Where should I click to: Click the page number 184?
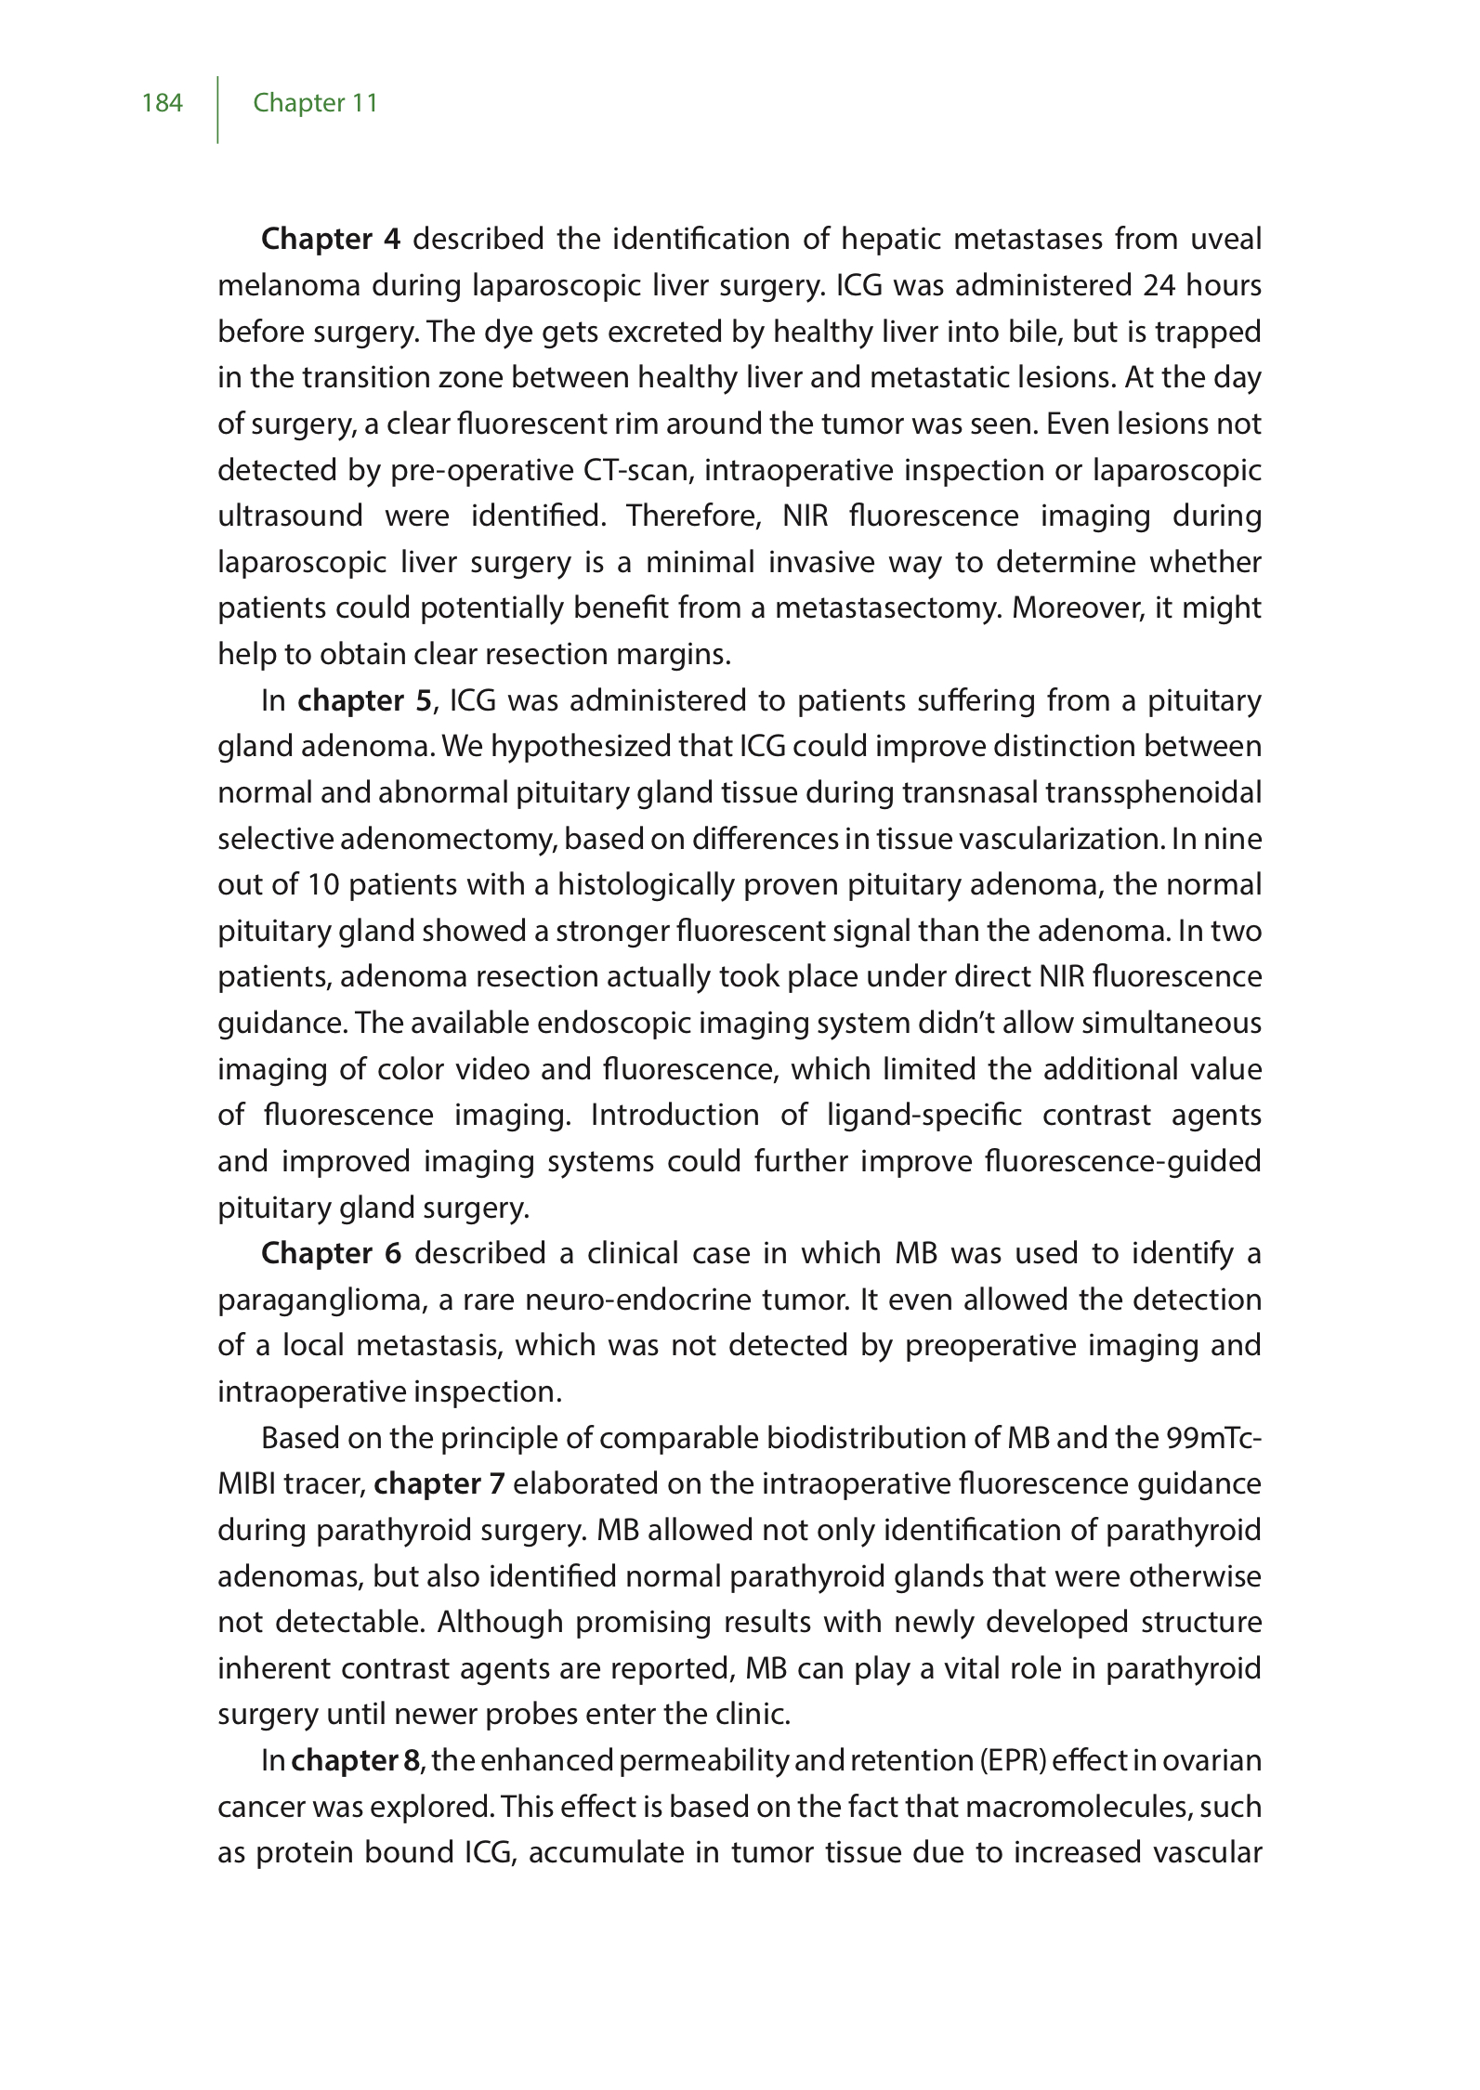[163, 102]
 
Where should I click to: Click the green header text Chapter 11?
[315, 102]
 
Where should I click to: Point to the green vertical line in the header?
[218, 110]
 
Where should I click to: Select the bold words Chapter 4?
[330, 240]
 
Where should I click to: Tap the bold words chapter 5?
[364, 700]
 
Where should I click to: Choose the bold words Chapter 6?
[331, 1253]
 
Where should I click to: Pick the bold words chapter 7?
[439, 1483]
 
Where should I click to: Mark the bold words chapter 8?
[358, 1760]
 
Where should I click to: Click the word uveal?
[1225, 240]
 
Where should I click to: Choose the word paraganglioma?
[320, 1300]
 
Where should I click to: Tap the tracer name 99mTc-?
[1214, 1438]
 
